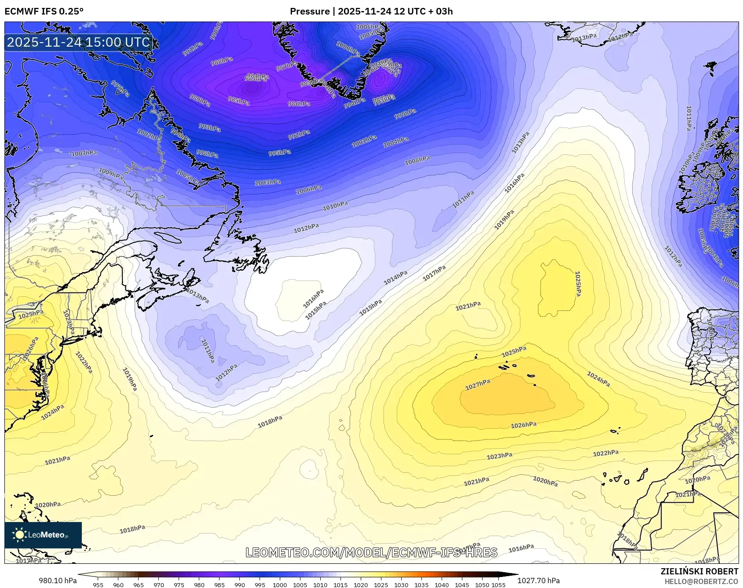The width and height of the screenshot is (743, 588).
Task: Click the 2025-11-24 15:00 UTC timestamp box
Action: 78,42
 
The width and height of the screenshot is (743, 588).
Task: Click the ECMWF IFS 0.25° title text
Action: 44,11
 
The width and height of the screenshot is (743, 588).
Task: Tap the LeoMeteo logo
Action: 43,535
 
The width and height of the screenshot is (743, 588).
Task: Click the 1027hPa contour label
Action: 478,385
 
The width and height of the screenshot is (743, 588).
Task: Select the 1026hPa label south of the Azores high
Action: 523,425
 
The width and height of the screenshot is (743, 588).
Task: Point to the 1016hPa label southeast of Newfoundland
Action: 313,299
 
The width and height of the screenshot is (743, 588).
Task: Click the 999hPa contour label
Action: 405,113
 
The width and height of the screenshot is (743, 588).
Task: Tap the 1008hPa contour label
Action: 417,161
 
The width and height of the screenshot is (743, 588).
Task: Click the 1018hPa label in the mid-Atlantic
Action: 270,422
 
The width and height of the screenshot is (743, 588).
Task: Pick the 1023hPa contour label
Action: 499,456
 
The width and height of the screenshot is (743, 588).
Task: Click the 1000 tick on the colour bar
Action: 280,585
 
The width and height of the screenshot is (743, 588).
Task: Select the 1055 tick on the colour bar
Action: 498,585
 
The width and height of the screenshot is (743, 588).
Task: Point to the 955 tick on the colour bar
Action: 98,585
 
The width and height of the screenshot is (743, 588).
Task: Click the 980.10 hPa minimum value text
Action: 58,581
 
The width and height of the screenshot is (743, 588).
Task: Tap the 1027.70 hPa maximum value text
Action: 538,581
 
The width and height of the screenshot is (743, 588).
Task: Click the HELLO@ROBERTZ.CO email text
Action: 701,581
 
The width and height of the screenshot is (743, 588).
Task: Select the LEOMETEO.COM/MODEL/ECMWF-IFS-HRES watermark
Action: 371,552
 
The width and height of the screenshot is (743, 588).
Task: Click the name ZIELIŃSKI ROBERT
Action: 699,571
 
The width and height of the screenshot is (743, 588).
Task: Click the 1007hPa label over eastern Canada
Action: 84,153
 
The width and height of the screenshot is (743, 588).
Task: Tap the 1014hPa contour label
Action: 395,278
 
